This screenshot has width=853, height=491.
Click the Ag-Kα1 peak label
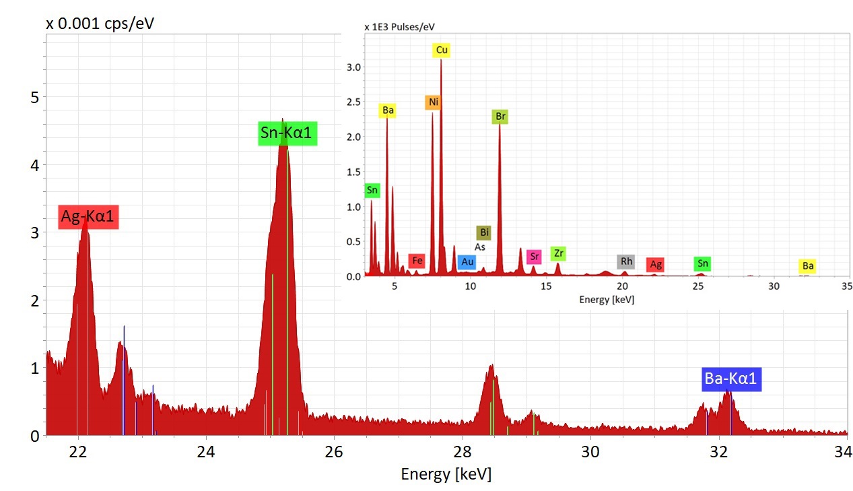[x=88, y=217]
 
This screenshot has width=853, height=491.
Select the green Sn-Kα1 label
[x=287, y=133]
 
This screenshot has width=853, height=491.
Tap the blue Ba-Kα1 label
[x=730, y=379]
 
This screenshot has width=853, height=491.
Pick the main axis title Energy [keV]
[x=446, y=474]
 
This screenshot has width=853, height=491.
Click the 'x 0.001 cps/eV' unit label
[x=100, y=24]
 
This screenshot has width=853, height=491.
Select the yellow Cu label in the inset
[x=442, y=50]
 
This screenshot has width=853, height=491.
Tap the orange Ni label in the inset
[x=433, y=102]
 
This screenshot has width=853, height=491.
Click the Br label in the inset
[x=500, y=117]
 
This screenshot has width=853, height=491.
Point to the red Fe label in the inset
[x=417, y=260]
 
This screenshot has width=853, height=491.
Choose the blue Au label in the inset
[x=467, y=262]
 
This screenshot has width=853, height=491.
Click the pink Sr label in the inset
[x=534, y=256]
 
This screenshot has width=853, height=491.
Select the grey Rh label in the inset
[x=626, y=261]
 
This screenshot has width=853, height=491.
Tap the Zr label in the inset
[x=558, y=253]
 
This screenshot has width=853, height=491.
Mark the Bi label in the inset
[x=483, y=233]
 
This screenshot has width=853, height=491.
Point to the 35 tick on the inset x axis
[x=846, y=286]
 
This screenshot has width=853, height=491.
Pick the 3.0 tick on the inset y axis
[x=353, y=67]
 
